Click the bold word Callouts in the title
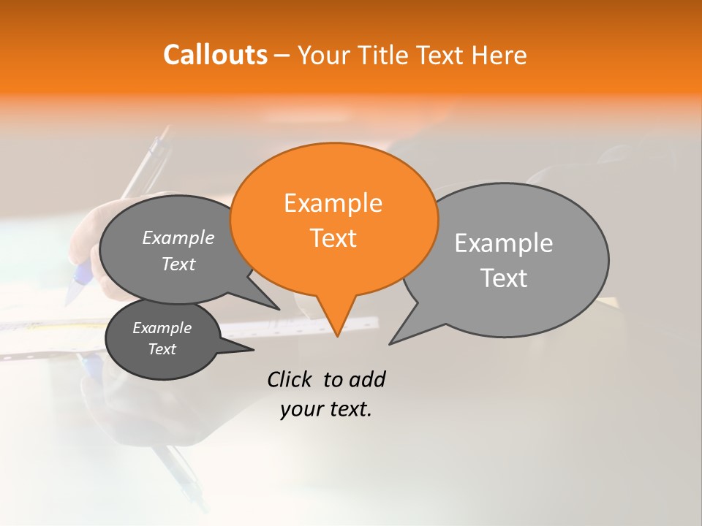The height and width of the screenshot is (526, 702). point(215,55)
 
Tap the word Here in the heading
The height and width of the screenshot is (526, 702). point(499,55)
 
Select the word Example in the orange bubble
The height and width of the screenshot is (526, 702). point(333,203)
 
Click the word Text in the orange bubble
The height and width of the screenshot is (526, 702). point(333,238)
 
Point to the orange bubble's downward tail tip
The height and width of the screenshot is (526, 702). point(337,336)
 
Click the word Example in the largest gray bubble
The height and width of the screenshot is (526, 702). point(503,243)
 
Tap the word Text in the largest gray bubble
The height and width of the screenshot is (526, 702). point(504,278)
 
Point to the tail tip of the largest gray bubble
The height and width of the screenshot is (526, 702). point(390,343)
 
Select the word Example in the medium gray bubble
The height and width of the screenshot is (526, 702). point(178,238)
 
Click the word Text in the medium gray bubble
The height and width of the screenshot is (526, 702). point(178,264)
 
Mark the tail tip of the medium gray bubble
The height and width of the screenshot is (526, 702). point(279,309)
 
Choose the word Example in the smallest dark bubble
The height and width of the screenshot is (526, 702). point(162,329)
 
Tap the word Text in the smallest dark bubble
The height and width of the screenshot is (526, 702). point(162,349)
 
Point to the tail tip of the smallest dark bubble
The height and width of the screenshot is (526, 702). point(253,350)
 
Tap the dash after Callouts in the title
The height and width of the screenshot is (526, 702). point(283,56)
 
